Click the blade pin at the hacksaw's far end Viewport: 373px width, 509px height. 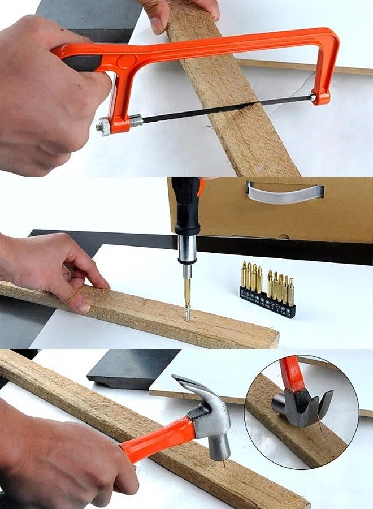pos(313,98)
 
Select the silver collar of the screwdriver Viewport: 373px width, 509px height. pos(186,249)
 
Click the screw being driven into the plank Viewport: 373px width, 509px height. pos(188,312)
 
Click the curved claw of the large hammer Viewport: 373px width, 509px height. pos(192,387)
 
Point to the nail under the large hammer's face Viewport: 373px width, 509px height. pos(224,464)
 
